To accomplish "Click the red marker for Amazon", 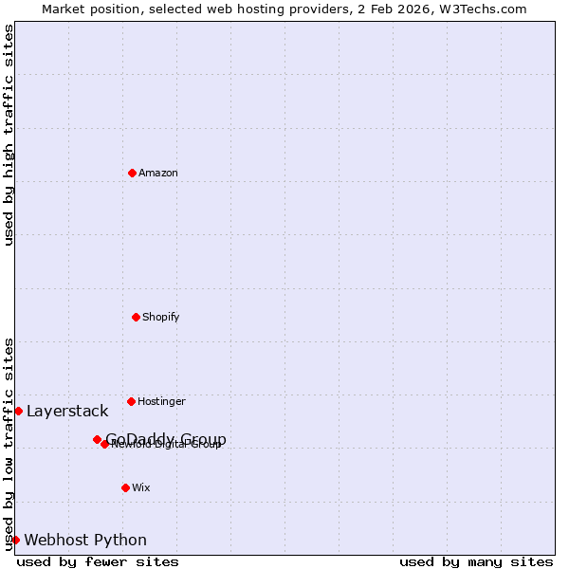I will (x=132, y=173).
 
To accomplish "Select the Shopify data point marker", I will (x=136, y=317).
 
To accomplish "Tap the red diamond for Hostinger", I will (x=131, y=401).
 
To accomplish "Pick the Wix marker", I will (x=125, y=487).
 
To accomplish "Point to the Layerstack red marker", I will (x=18, y=411).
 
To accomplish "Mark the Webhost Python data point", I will (x=15, y=540).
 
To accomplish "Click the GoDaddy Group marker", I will (x=97, y=439).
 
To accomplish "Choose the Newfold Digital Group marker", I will (x=105, y=444).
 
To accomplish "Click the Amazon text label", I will (x=158, y=173).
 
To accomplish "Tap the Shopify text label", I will (x=161, y=317).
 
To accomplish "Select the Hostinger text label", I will (x=161, y=401).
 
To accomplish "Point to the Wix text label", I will (x=141, y=487).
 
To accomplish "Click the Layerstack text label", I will (x=67, y=411).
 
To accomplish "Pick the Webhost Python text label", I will (x=85, y=540).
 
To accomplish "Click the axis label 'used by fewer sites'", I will (x=98, y=561).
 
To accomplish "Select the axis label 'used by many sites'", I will (x=476, y=561).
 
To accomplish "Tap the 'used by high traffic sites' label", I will (x=9, y=135).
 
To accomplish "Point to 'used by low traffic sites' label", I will (x=9, y=444).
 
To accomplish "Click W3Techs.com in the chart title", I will (x=482, y=9).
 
